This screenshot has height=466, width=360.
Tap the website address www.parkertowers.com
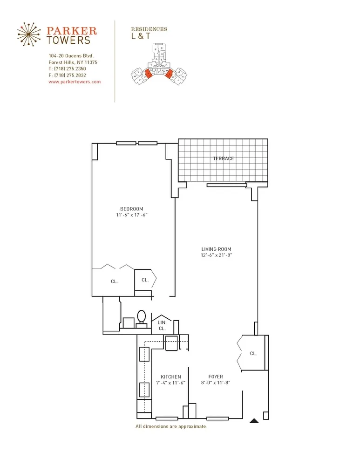click(75, 82)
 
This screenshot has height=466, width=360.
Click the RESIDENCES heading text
click(149, 29)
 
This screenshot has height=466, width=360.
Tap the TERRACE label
click(223, 158)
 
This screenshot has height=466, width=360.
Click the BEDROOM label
click(132, 209)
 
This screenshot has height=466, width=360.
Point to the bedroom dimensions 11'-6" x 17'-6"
click(132, 215)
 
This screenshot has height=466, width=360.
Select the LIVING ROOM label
click(216, 249)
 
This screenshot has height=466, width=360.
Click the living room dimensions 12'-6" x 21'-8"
click(216, 255)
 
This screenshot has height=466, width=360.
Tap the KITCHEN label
click(171, 377)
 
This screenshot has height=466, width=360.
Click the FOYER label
click(216, 377)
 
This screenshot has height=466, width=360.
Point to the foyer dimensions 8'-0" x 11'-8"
click(216, 383)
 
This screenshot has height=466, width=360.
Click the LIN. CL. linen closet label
click(162, 325)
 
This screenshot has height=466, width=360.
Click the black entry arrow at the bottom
click(254, 421)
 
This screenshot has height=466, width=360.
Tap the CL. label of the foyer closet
click(253, 354)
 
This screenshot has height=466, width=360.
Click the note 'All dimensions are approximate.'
click(171, 426)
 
